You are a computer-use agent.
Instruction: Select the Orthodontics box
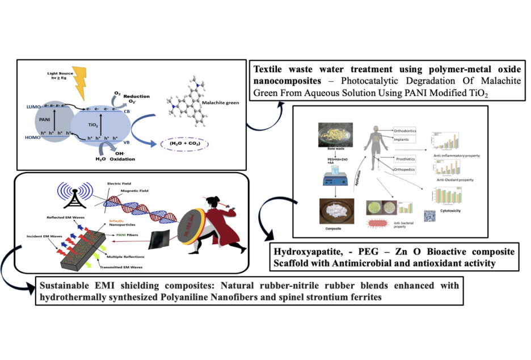click(x=408, y=131)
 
